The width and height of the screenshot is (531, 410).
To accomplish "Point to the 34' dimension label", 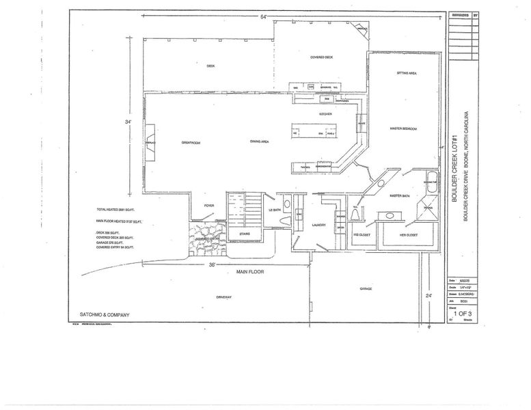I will point(128,122).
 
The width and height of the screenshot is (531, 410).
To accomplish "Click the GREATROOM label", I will point(190,142).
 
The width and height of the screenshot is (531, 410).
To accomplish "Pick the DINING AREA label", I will point(249,141).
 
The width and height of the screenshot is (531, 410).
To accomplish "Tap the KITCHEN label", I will point(325,113).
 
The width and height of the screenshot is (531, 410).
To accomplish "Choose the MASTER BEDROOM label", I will point(403,128).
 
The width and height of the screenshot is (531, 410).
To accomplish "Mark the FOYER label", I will point(209,205).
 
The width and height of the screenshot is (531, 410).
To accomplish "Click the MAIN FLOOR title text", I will point(250,272).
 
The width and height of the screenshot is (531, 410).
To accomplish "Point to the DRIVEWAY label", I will point(225,297).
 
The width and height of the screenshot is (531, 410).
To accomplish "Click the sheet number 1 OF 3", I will point(463,313).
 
